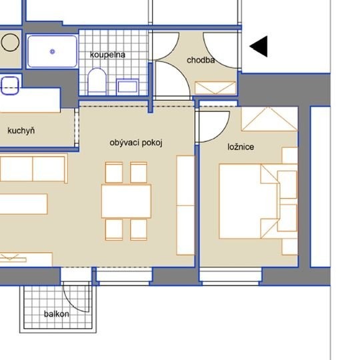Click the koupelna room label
(107, 55)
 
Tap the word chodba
(201, 60)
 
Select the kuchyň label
(21, 131)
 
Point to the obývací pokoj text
(136, 143)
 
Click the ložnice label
(241, 147)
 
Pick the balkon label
(57, 314)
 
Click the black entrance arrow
(259, 47)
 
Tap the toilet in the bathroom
(97, 81)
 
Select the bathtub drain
(53, 51)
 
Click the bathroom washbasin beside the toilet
(127, 87)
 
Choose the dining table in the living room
(126, 201)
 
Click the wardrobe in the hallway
(215, 88)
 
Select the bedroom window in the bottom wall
(231, 277)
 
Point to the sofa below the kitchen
(33, 169)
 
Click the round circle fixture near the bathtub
(10, 42)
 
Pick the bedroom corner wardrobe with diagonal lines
(269, 119)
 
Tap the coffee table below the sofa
(23, 204)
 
